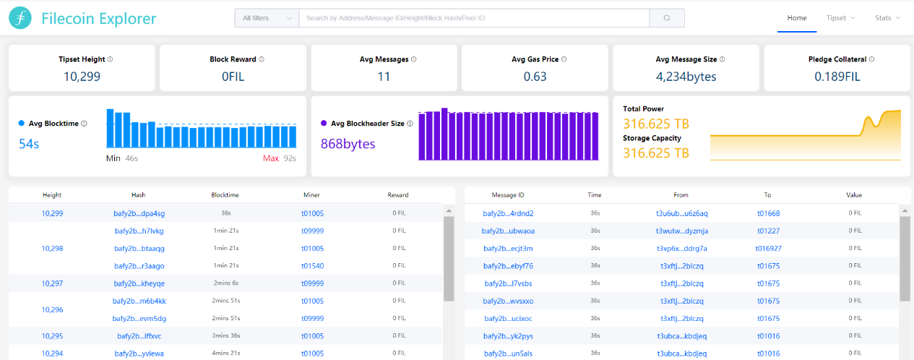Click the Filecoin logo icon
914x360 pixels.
point(20,18)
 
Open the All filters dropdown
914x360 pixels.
point(267,18)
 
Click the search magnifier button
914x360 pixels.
point(667,18)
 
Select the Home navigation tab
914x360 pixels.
point(796,18)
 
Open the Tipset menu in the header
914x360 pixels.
point(840,18)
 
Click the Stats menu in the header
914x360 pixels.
point(887,18)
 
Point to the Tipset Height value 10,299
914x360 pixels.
point(82,77)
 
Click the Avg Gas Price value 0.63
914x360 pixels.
point(535,77)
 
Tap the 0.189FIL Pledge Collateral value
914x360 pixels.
point(837,77)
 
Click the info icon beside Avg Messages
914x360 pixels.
point(414,59)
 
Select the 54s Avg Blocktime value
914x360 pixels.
point(29,144)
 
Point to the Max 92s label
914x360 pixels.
point(280,158)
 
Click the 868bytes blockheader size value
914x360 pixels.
point(348,144)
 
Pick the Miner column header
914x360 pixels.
point(311,195)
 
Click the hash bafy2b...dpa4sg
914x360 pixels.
point(139,213)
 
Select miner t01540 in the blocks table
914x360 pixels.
point(313,266)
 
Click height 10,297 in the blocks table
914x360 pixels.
point(52,283)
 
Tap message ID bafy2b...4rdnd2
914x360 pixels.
point(508,213)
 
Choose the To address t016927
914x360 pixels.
point(768,249)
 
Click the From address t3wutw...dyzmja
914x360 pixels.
point(682,231)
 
